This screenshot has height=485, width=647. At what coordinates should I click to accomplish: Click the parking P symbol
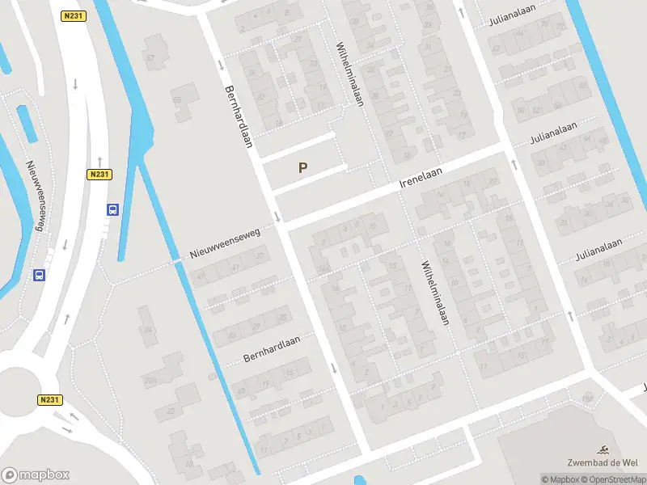[x=303, y=168]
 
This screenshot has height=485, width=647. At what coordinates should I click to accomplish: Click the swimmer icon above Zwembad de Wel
[x=603, y=449]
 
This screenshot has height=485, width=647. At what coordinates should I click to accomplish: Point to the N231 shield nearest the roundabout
[x=49, y=399]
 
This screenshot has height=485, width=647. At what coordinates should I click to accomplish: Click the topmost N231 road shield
[x=73, y=15]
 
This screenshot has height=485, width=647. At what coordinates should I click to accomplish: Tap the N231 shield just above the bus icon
[x=99, y=174]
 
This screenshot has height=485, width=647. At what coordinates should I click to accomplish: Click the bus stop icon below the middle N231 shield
[x=112, y=209]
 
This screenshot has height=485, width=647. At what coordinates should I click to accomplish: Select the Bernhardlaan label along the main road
[x=240, y=116]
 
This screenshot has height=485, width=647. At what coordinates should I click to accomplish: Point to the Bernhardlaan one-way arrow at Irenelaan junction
[x=277, y=216]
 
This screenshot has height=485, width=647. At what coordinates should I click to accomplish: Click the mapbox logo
[x=35, y=475]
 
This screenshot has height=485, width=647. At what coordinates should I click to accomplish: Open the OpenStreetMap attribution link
[x=617, y=479]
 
